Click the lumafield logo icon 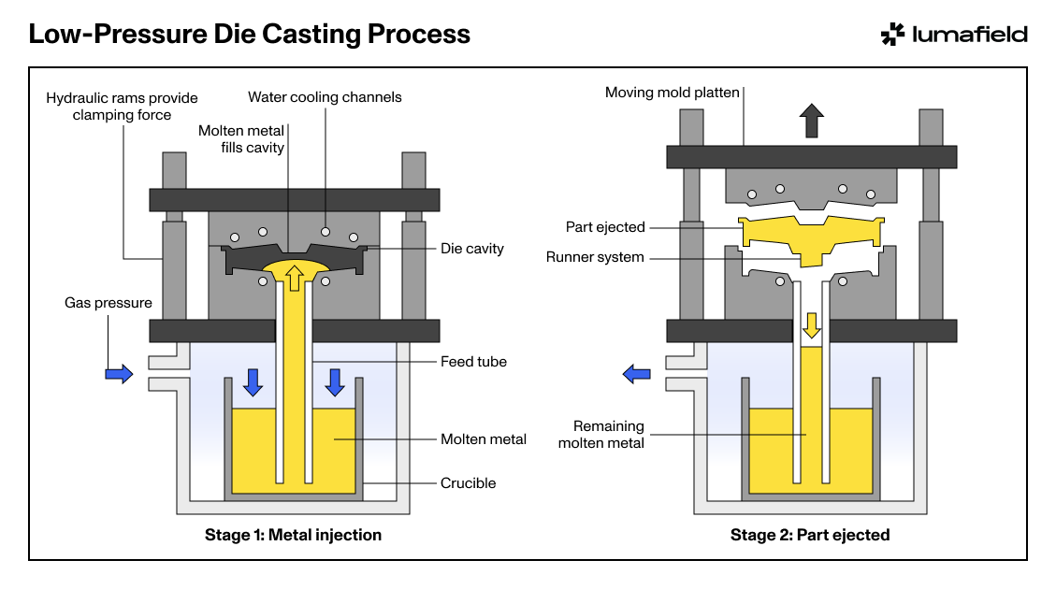click(x=892, y=35)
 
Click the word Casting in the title click(x=311, y=35)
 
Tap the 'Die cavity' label click(x=472, y=249)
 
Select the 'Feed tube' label click(x=473, y=362)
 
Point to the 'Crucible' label click(x=468, y=482)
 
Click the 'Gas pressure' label click(x=108, y=303)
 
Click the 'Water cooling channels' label click(x=325, y=97)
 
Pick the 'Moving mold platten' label click(x=673, y=93)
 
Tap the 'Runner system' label click(x=595, y=257)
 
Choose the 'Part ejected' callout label click(x=605, y=227)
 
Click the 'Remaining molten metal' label click(x=600, y=434)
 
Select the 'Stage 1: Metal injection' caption click(x=293, y=535)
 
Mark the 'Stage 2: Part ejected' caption click(x=810, y=535)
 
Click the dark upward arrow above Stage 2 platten click(x=812, y=121)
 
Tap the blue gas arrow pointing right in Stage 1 click(x=119, y=374)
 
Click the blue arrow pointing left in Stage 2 click(x=636, y=374)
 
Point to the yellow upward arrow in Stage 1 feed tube click(x=295, y=278)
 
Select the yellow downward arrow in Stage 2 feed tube click(x=812, y=325)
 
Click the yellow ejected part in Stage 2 click(x=812, y=237)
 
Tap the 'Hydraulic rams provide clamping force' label click(x=122, y=107)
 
